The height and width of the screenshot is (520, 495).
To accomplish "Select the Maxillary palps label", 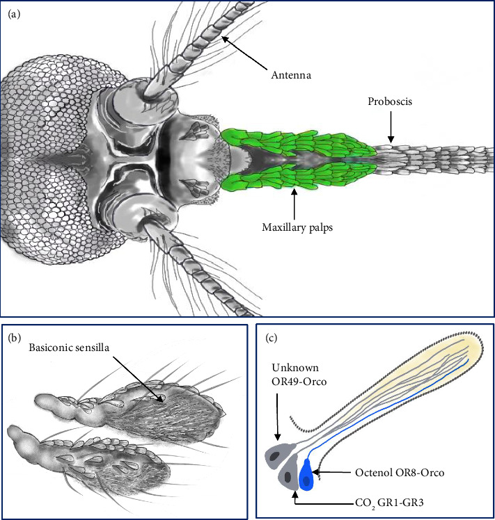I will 292,227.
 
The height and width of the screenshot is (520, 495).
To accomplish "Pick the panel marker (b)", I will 15,340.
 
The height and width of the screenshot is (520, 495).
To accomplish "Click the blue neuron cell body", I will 306,477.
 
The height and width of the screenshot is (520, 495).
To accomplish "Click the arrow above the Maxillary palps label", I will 295,202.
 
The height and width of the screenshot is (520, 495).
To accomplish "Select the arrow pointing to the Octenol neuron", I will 331,473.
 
